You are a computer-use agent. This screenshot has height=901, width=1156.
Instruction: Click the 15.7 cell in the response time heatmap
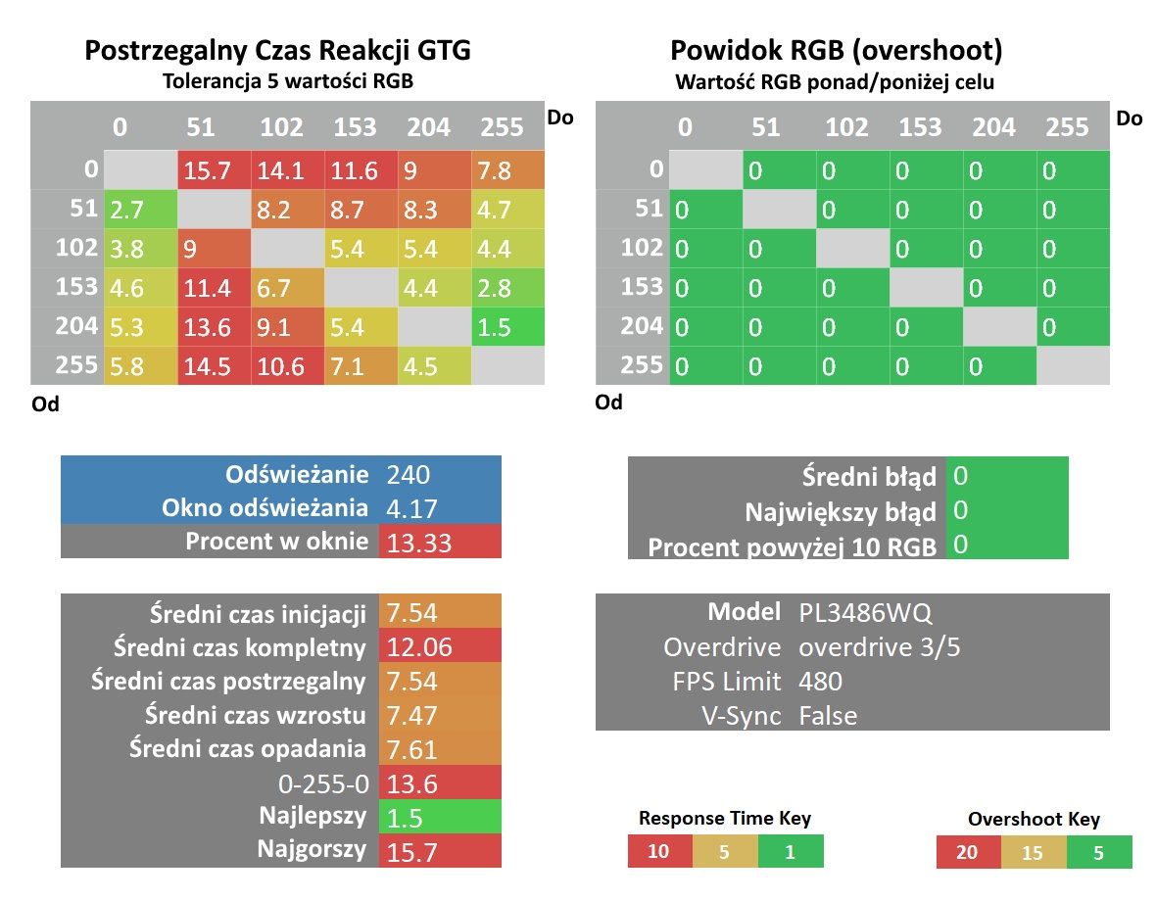point(214,170)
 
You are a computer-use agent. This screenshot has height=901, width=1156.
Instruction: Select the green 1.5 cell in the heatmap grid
point(508,326)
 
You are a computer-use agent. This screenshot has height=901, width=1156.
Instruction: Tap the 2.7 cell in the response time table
point(141,210)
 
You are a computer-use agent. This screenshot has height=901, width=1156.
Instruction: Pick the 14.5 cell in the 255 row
point(214,366)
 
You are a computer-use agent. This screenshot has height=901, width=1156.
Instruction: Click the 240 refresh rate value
point(408,474)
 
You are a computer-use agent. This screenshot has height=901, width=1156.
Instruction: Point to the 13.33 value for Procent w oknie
point(418,543)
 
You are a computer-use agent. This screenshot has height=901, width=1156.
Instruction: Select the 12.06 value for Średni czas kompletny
point(418,646)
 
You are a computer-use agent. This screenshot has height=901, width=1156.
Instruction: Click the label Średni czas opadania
point(248,748)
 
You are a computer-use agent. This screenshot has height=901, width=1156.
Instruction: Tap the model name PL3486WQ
point(865,612)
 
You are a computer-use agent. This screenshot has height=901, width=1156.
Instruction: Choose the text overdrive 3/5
point(880,646)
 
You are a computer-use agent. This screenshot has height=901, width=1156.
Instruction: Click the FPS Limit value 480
point(820,681)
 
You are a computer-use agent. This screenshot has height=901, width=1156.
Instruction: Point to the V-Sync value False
point(828,715)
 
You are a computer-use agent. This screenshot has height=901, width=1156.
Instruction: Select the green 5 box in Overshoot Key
point(1099,852)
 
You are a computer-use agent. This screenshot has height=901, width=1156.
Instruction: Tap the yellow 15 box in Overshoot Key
point(1034,852)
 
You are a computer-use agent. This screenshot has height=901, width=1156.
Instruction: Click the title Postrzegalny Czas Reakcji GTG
point(277,50)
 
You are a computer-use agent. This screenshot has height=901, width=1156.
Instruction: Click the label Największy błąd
point(841,511)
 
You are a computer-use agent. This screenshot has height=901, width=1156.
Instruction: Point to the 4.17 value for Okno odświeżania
point(411,508)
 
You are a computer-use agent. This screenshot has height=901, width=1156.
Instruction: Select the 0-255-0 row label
point(323,783)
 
